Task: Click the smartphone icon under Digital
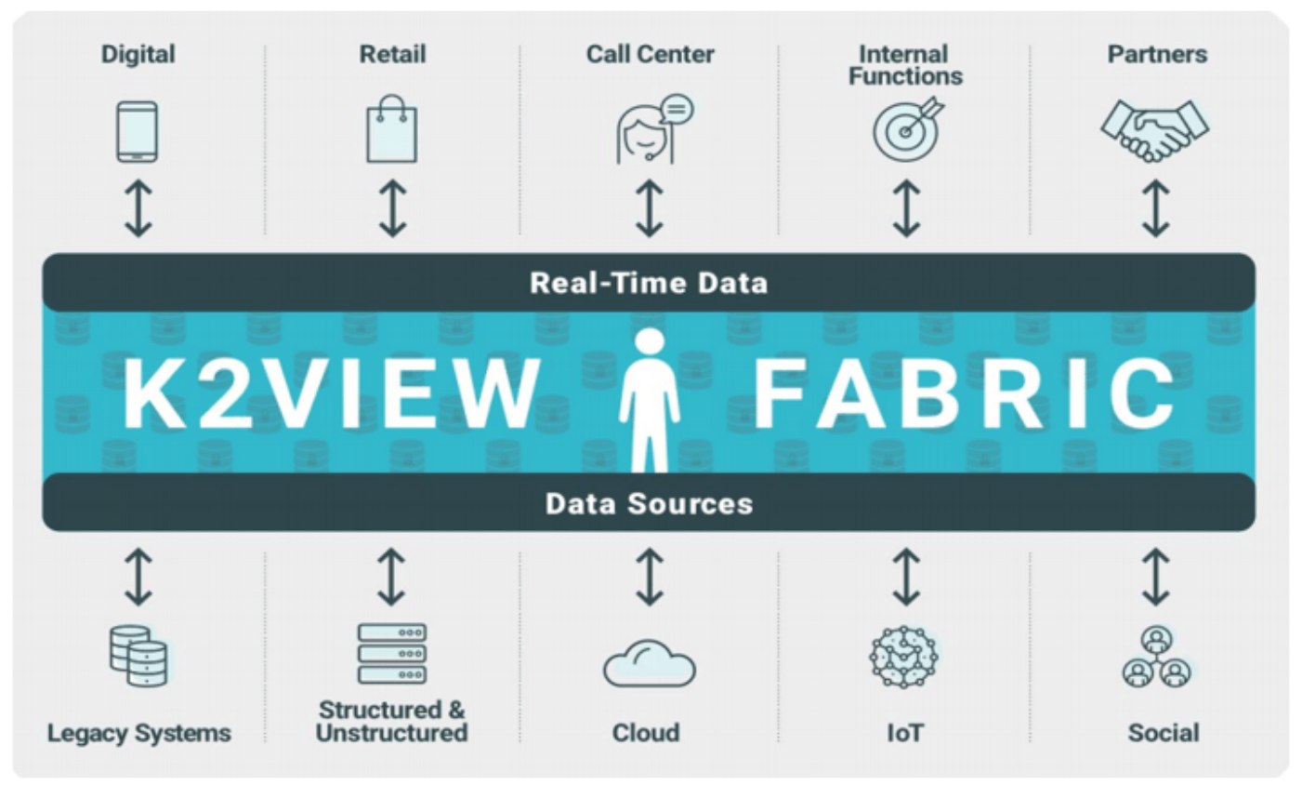[138, 131]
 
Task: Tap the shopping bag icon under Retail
[392, 128]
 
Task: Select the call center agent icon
[654, 129]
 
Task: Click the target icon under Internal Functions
[909, 128]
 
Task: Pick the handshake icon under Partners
[1155, 131]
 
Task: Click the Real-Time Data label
[649, 284]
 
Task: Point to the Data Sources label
[650, 504]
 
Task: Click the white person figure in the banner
[650, 400]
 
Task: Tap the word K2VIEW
[332, 394]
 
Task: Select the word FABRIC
[965, 394]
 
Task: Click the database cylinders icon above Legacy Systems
[138, 656]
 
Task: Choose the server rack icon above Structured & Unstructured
[392, 654]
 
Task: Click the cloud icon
[650, 663]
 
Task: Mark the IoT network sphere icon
[904, 657]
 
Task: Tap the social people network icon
[1157, 657]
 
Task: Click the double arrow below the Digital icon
[138, 208]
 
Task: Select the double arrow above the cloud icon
[650, 577]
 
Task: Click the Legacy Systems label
[138, 733]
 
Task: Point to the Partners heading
[1157, 54]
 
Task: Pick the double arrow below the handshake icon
[1155, 208]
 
